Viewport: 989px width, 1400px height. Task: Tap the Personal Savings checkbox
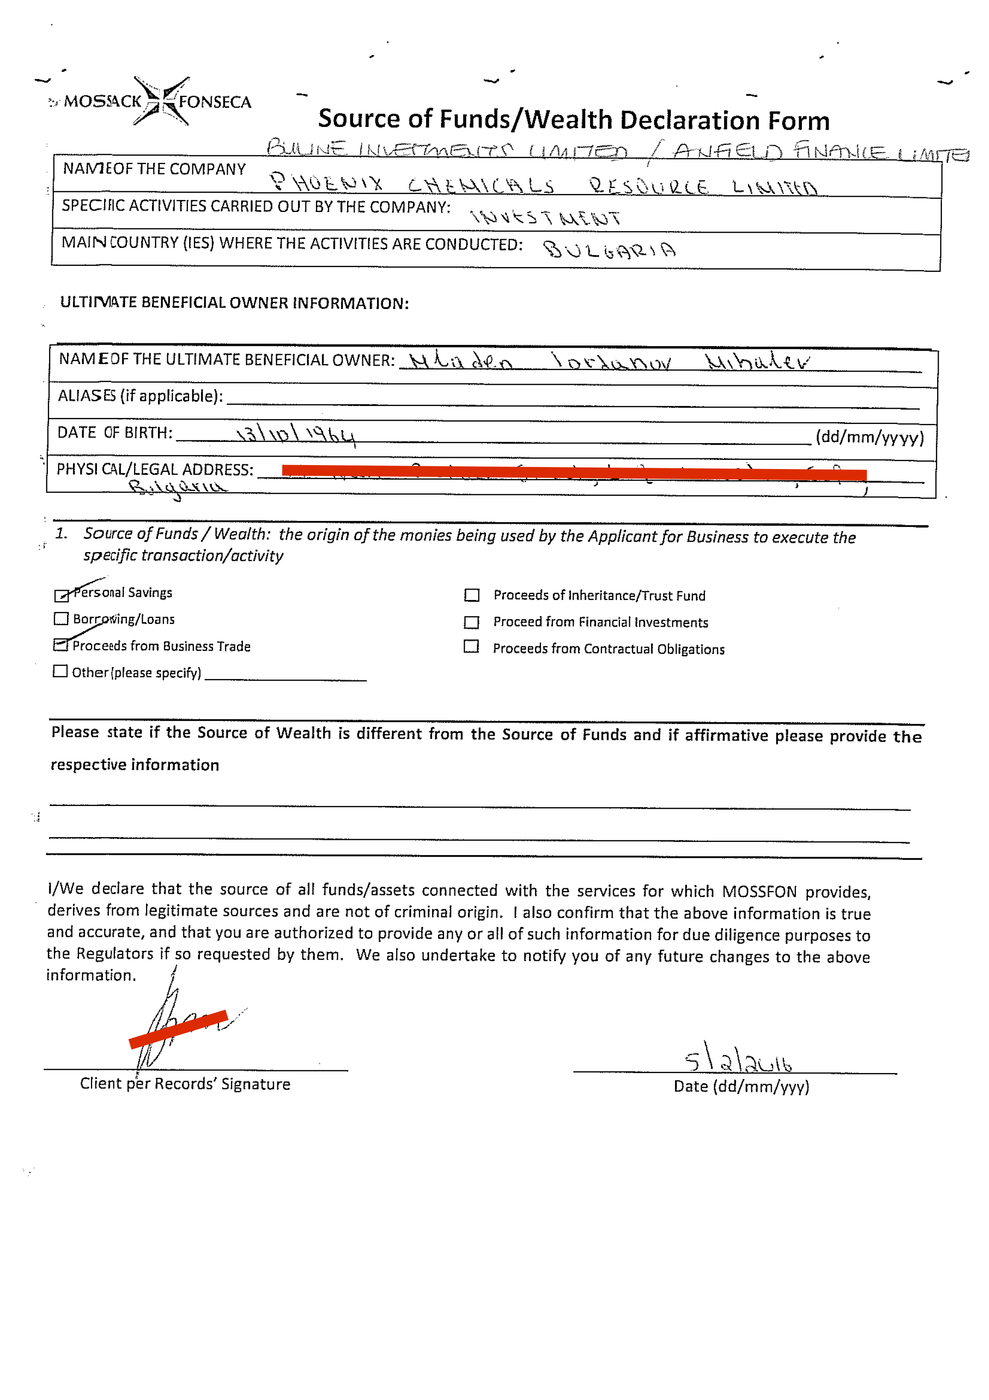click(x=61, y=596)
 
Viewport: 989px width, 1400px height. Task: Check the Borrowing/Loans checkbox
click(x=61, y=618)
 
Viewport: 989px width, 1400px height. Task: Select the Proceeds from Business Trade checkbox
click(x=60, y=645)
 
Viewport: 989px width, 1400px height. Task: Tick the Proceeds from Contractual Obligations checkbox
click(x=471, y=646)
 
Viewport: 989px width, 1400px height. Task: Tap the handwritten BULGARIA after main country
click(x=609, y=250)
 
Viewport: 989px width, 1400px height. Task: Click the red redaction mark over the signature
click(x=178, y=1029)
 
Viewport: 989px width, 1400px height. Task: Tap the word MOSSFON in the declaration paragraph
click(x=759, y=891)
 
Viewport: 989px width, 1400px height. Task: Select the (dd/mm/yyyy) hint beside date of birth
click(x=870, y=437)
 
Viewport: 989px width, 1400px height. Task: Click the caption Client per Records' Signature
click(x=185, y=1083)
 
